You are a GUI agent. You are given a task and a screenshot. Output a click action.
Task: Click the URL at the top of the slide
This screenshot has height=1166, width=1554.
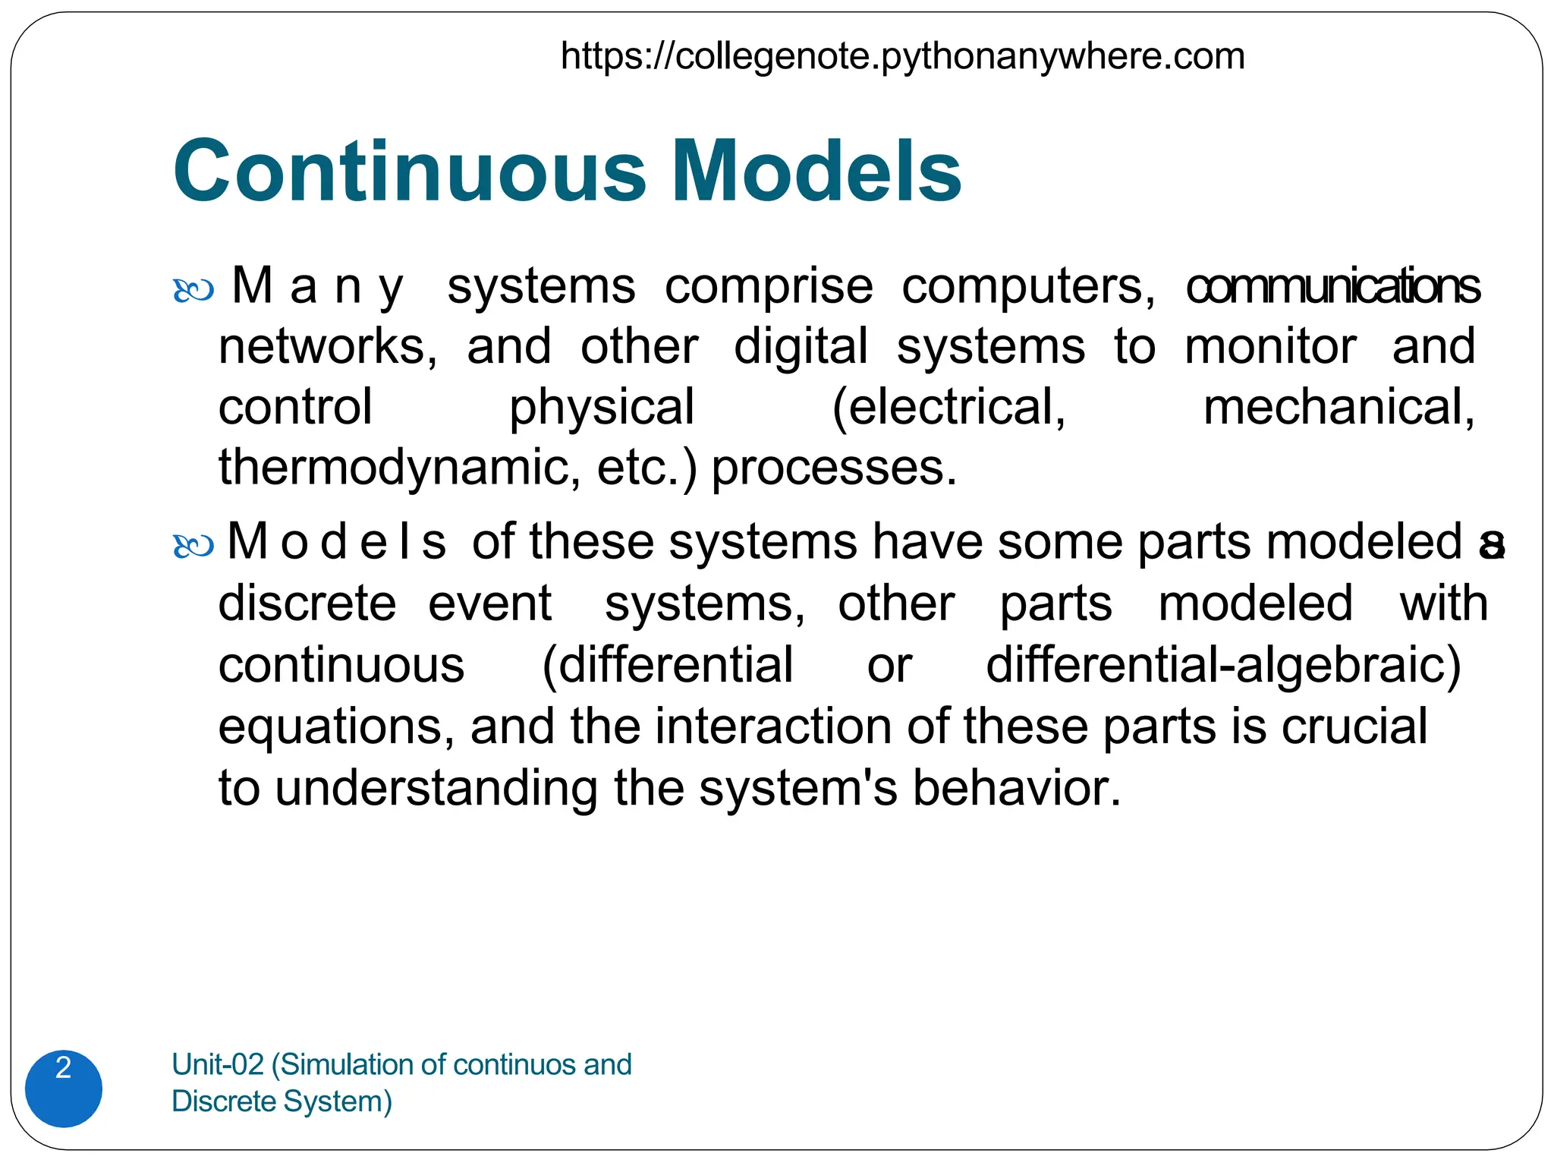point(902,57)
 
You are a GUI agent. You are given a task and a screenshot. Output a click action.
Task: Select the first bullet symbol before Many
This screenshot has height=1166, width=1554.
point(193,291)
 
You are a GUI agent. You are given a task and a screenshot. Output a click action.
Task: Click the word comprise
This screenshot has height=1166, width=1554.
point(769,288)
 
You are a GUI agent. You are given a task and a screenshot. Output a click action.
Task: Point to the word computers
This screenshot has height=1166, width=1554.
point(1028,288)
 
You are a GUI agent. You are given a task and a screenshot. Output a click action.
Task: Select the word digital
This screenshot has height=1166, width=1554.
point(801,347)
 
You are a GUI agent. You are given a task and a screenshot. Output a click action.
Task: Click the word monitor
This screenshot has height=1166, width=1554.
point(1270,347)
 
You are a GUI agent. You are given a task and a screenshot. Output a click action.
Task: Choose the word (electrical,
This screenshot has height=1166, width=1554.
point(948,408)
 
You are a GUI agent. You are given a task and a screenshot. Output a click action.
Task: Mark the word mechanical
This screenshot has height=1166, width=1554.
point(1339,408)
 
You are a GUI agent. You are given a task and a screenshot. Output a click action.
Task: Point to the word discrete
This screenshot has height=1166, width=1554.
point(307,604)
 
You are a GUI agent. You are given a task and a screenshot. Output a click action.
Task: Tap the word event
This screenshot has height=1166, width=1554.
point(490,604)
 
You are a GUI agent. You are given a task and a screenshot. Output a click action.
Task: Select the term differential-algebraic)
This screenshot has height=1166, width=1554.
point(1223,666)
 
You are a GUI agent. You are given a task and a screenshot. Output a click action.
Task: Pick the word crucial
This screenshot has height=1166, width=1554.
point(1354,727)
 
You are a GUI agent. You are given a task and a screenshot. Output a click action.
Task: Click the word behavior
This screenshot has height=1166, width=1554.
point(1016,788)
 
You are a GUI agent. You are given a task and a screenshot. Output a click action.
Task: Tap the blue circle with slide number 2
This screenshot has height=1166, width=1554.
point(64,1088)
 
